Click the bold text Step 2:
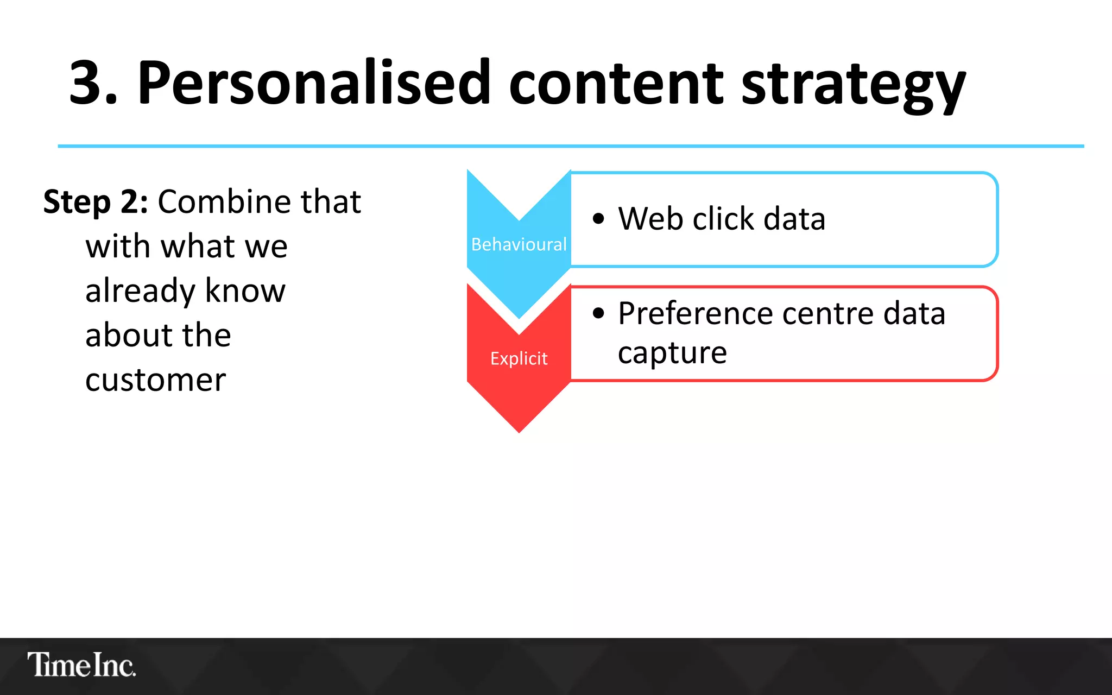tap(96, 202)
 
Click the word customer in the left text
tap(155, 380)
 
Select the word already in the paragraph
tap(140, 292)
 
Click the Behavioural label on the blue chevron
tap(519, 244)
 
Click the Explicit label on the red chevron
tap(519, 358)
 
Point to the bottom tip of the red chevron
tap(519, 431)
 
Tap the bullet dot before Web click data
tap(598, 219)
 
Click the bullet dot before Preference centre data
tap(598, 313)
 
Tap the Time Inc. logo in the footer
tap(81, 665)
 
